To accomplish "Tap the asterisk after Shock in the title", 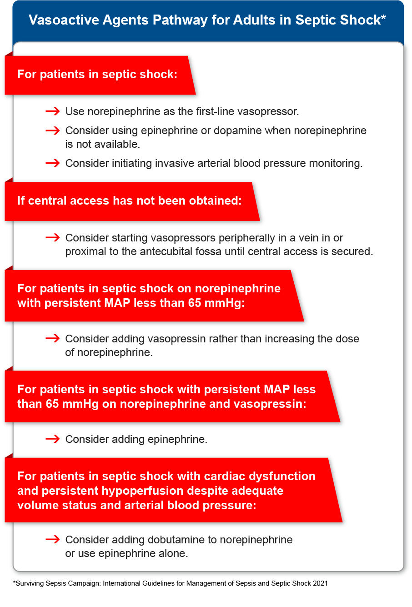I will tap(383, 18).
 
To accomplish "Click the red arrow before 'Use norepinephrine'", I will tap(53, 111).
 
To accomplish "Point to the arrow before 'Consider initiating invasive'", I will tap(53, 163).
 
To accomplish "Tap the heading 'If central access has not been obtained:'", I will tap(130, 201).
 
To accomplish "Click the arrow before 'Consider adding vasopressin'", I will tap(53, 338).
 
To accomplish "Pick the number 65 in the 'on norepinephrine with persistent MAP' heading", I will tap(195, 303).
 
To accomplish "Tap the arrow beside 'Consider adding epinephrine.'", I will tap(53, 439).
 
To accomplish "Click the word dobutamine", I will tap(182, 540).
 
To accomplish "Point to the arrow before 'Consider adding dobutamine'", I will tap(53, 539).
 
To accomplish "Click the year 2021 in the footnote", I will tap(320, 583).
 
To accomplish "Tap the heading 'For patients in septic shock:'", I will tap(97, 75).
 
